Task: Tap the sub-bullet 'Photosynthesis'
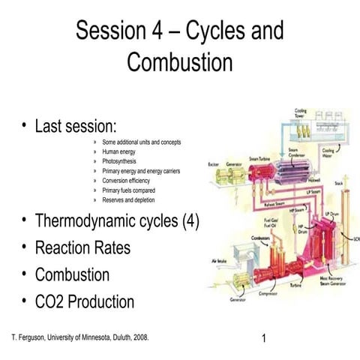[x=124, y=161]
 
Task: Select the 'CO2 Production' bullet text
[x=85, y=302]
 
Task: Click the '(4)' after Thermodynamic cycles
[x=185, y=221]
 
